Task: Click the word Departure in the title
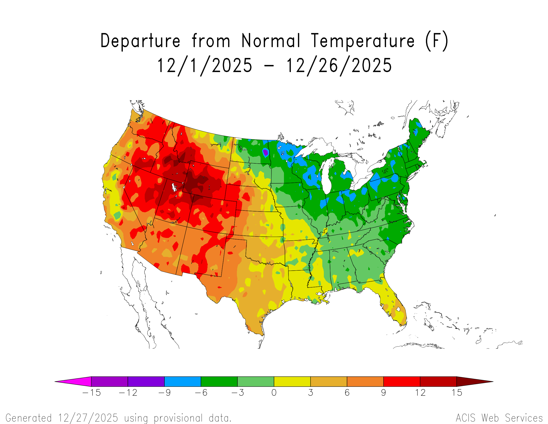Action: [140, 41]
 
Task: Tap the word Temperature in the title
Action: [363, 41]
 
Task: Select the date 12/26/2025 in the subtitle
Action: [339, 66]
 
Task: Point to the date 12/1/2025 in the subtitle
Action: [205, 66]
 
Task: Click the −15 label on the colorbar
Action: [92, 393]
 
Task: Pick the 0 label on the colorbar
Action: [274, 393]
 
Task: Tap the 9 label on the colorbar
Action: [383, 393]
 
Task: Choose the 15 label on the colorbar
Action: [457, 393]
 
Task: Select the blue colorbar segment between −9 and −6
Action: [182, 382]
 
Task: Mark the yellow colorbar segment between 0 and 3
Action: [292, 382]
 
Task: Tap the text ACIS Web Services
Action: [499, 418]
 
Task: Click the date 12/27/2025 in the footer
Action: [88, 418]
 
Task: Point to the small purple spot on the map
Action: [265, 152]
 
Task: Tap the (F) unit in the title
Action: [437, 41]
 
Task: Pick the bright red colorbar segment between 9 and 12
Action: [402, 382]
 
